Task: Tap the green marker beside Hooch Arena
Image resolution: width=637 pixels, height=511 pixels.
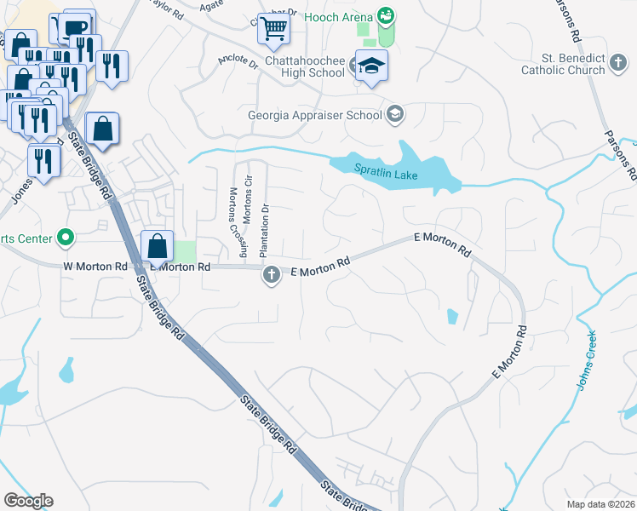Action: click(x=386, y=15)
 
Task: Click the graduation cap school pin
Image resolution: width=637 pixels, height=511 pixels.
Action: click(x=371, y=67)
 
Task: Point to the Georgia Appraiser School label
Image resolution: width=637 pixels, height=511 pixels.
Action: click(x=315, y=114)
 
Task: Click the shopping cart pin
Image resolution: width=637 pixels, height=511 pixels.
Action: click(x=273, y=29)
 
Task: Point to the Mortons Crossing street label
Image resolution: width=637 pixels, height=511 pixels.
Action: click(x=233, y=223)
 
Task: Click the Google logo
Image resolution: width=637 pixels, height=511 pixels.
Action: click(x=28, y=501)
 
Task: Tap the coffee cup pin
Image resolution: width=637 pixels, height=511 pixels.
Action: click(x=74, y=28)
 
